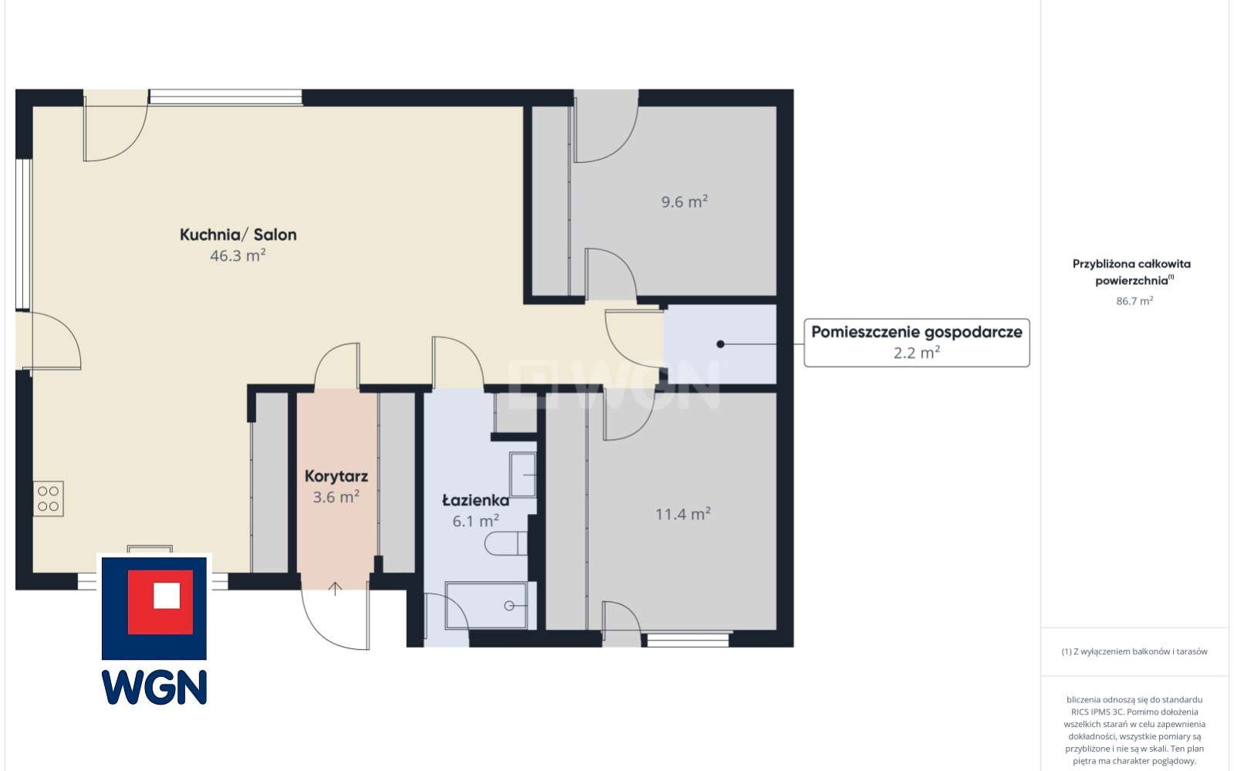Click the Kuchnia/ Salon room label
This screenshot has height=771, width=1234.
[238, 235]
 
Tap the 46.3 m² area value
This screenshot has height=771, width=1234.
[238, 255]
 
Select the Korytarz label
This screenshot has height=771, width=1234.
[336, 476]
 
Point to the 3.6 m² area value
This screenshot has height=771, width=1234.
[336, 497]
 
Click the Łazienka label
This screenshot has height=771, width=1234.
[475, 500]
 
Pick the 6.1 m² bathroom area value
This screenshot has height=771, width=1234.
[475, 521]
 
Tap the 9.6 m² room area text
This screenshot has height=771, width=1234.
[685, 201]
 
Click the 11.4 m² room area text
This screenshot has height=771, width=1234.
[682, 514]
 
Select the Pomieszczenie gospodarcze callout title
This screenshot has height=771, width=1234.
[917, 333]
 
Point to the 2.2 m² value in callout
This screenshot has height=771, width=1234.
[917, 353]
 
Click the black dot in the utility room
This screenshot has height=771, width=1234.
[720, 344]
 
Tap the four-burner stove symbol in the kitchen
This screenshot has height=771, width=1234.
[49, 499]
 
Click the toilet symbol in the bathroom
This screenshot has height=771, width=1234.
[505, 543]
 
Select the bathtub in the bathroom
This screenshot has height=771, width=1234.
[486, 605]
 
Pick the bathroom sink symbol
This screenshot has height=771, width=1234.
[522, 475]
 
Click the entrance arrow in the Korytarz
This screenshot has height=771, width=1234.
[335, 589]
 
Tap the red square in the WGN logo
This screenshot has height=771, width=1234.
[161, 602]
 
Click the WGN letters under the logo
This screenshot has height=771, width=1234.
[154, 687]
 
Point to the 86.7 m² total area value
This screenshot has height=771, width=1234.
[1134, 301]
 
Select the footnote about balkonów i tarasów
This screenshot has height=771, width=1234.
[1134, 651]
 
